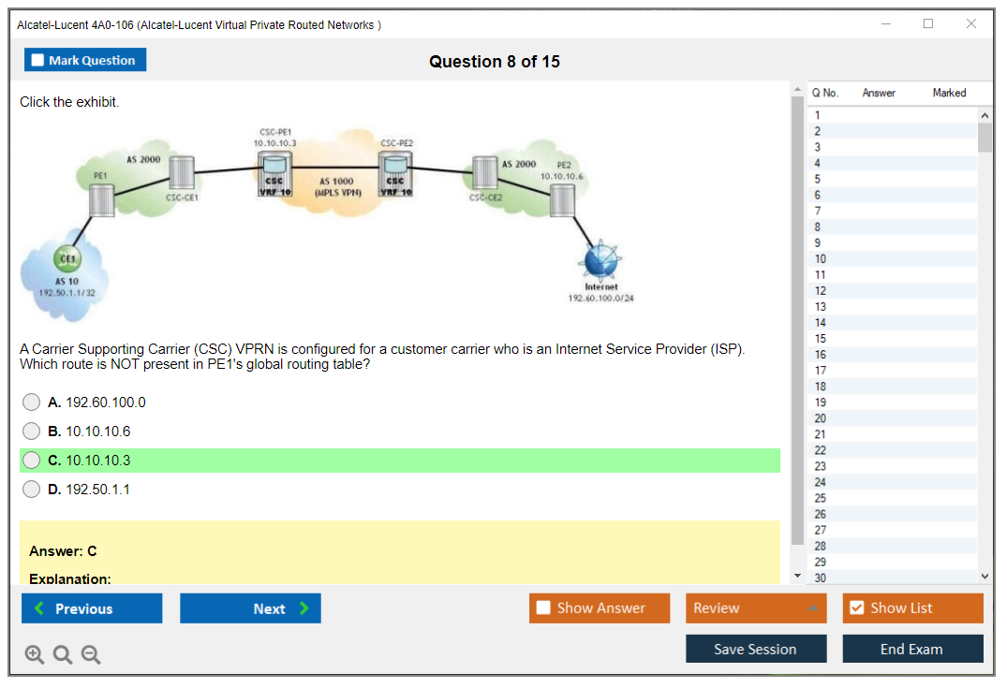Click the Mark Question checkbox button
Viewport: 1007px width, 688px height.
[85, 60]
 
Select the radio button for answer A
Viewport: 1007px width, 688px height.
[32, 403]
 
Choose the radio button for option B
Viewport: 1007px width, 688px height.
[32, 432]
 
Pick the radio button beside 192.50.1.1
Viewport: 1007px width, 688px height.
[32, 490]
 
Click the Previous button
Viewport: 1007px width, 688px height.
[92, 608]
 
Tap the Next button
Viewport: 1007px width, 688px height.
[250, 608]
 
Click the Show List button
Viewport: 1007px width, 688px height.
[912, 608]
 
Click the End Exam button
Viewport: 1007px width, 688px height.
[912, 649]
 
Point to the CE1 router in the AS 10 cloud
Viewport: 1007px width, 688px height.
[68, 259]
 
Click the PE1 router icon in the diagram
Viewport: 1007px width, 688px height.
[101, 200]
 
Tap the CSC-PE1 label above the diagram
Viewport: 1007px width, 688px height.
[274, 132]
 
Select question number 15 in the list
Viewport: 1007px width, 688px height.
[821, 339]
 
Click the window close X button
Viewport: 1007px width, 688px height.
[971, 24]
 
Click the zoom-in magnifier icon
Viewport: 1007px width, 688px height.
[35, 655]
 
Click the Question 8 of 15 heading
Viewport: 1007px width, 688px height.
[495, 62]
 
